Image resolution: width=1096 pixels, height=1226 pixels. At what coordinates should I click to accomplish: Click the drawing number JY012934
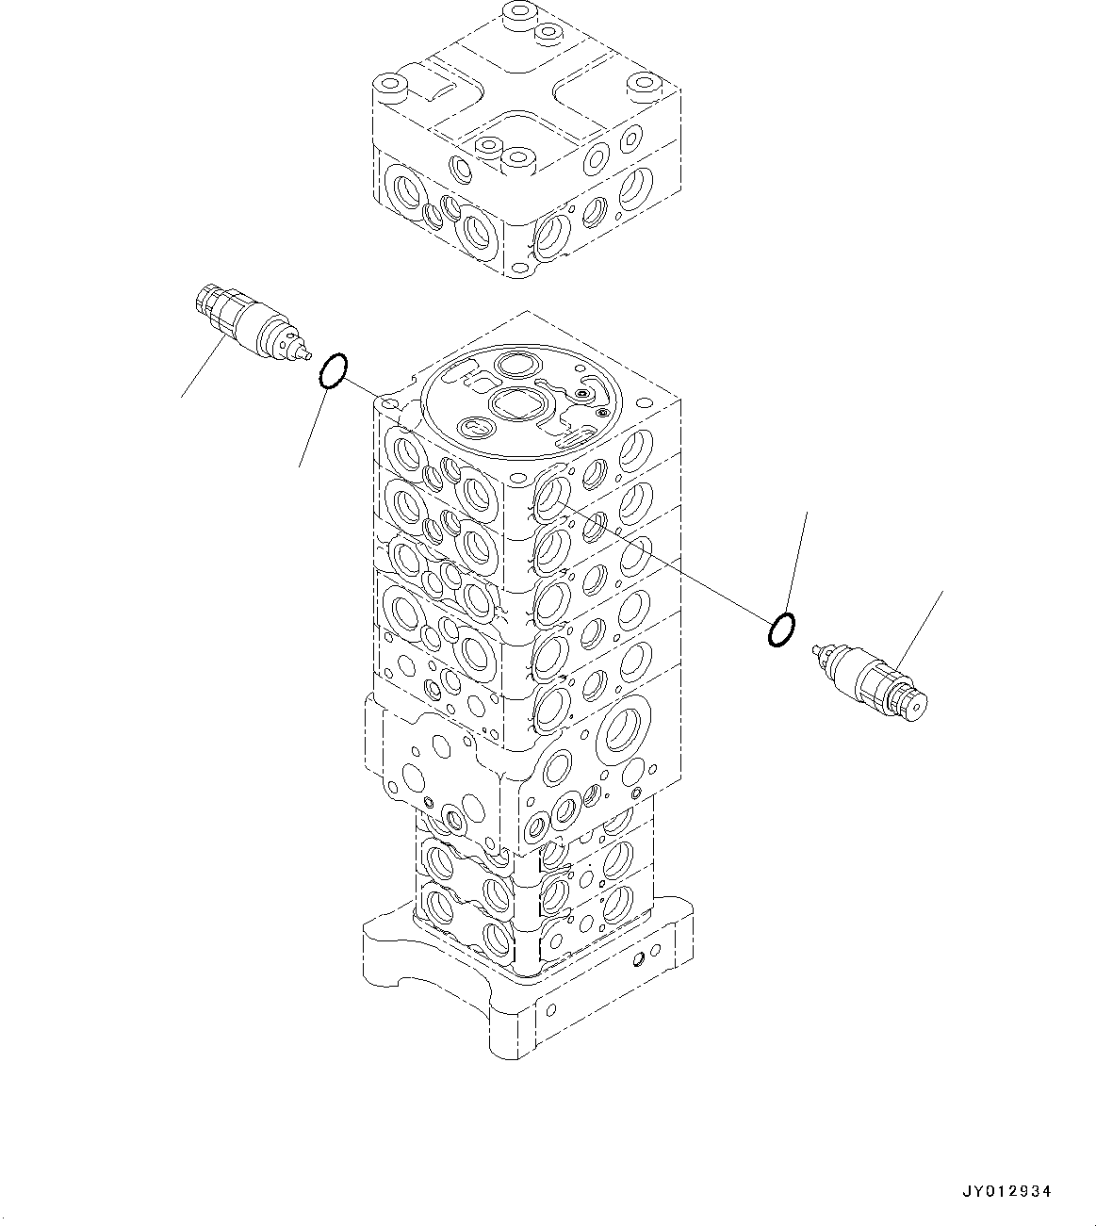coord(1006,1192)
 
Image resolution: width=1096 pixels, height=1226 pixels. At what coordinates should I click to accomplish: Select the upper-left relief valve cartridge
coord(247,323)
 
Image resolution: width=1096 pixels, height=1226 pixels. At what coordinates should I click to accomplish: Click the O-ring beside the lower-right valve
coord(781,630)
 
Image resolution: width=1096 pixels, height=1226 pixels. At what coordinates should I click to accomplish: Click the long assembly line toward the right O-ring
coord(660,561)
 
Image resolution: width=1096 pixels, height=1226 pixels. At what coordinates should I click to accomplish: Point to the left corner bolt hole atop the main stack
coord(388,405)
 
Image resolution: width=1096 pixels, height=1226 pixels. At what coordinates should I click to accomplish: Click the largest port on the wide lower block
coord(627,730)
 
